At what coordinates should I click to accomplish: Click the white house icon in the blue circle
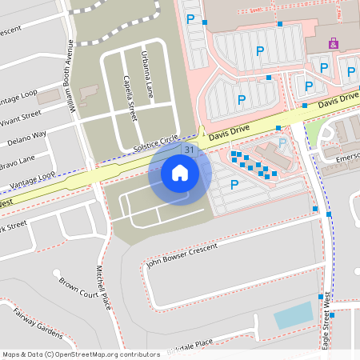click(179, 172)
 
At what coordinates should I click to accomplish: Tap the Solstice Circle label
click(158, 142)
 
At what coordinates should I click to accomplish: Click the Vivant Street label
click(20, 115)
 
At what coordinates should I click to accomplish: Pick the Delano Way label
click(24, 134)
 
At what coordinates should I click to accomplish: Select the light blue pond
click(293, 316)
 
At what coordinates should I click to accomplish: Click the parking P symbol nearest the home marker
click(234, 184)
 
